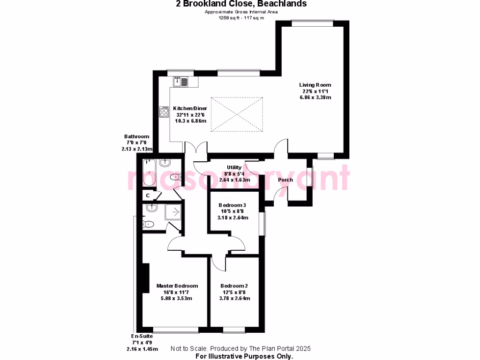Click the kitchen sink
click(180, 82)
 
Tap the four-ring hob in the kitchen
click(164, 112)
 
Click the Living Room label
click(315, 85)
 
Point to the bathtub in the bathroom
click(150, 173)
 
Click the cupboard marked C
click(148, 195)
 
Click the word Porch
click(285, 180)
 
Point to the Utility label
click(234, 167)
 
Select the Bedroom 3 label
click(232, 205)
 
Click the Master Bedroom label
click(177, 286)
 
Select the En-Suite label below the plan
click(142, 337)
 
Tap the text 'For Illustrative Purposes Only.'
click(244, 356)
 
